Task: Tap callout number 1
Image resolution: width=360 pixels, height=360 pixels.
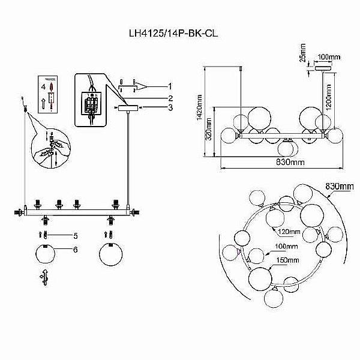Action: click(170, 86)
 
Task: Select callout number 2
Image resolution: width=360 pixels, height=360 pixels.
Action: click(170, 98)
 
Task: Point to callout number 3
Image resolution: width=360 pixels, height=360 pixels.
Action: click(170, 108)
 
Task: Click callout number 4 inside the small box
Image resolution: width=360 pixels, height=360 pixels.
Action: click(43, 87)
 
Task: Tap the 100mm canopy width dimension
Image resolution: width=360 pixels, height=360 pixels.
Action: click(328, 57)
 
